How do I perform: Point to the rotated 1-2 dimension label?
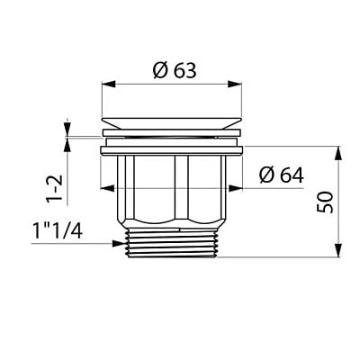pos(55,187)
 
